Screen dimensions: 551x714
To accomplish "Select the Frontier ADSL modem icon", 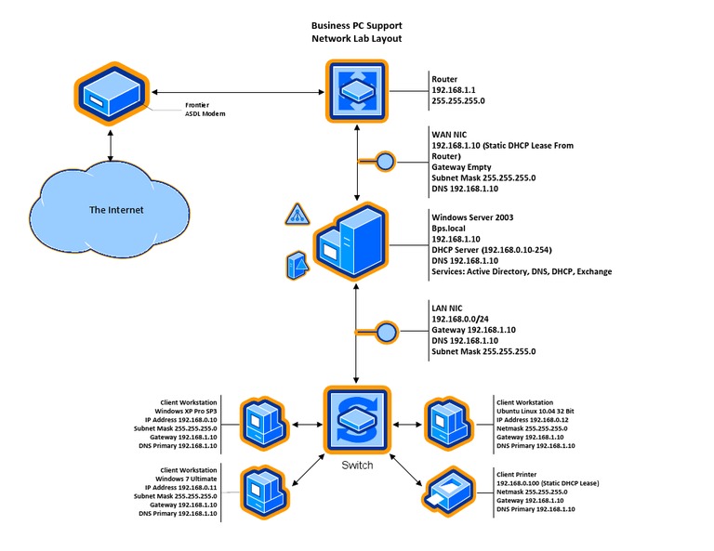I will [110, 94].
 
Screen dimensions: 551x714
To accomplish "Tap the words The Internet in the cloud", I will [116, 210].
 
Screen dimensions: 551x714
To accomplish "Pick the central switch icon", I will [357, 422].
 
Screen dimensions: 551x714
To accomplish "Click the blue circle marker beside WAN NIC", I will [386, 162].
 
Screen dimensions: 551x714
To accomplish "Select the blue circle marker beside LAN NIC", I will [386, 331].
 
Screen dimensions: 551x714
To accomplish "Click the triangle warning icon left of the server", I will [296, 216].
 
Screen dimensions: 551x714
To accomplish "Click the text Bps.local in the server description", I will [452, 229].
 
